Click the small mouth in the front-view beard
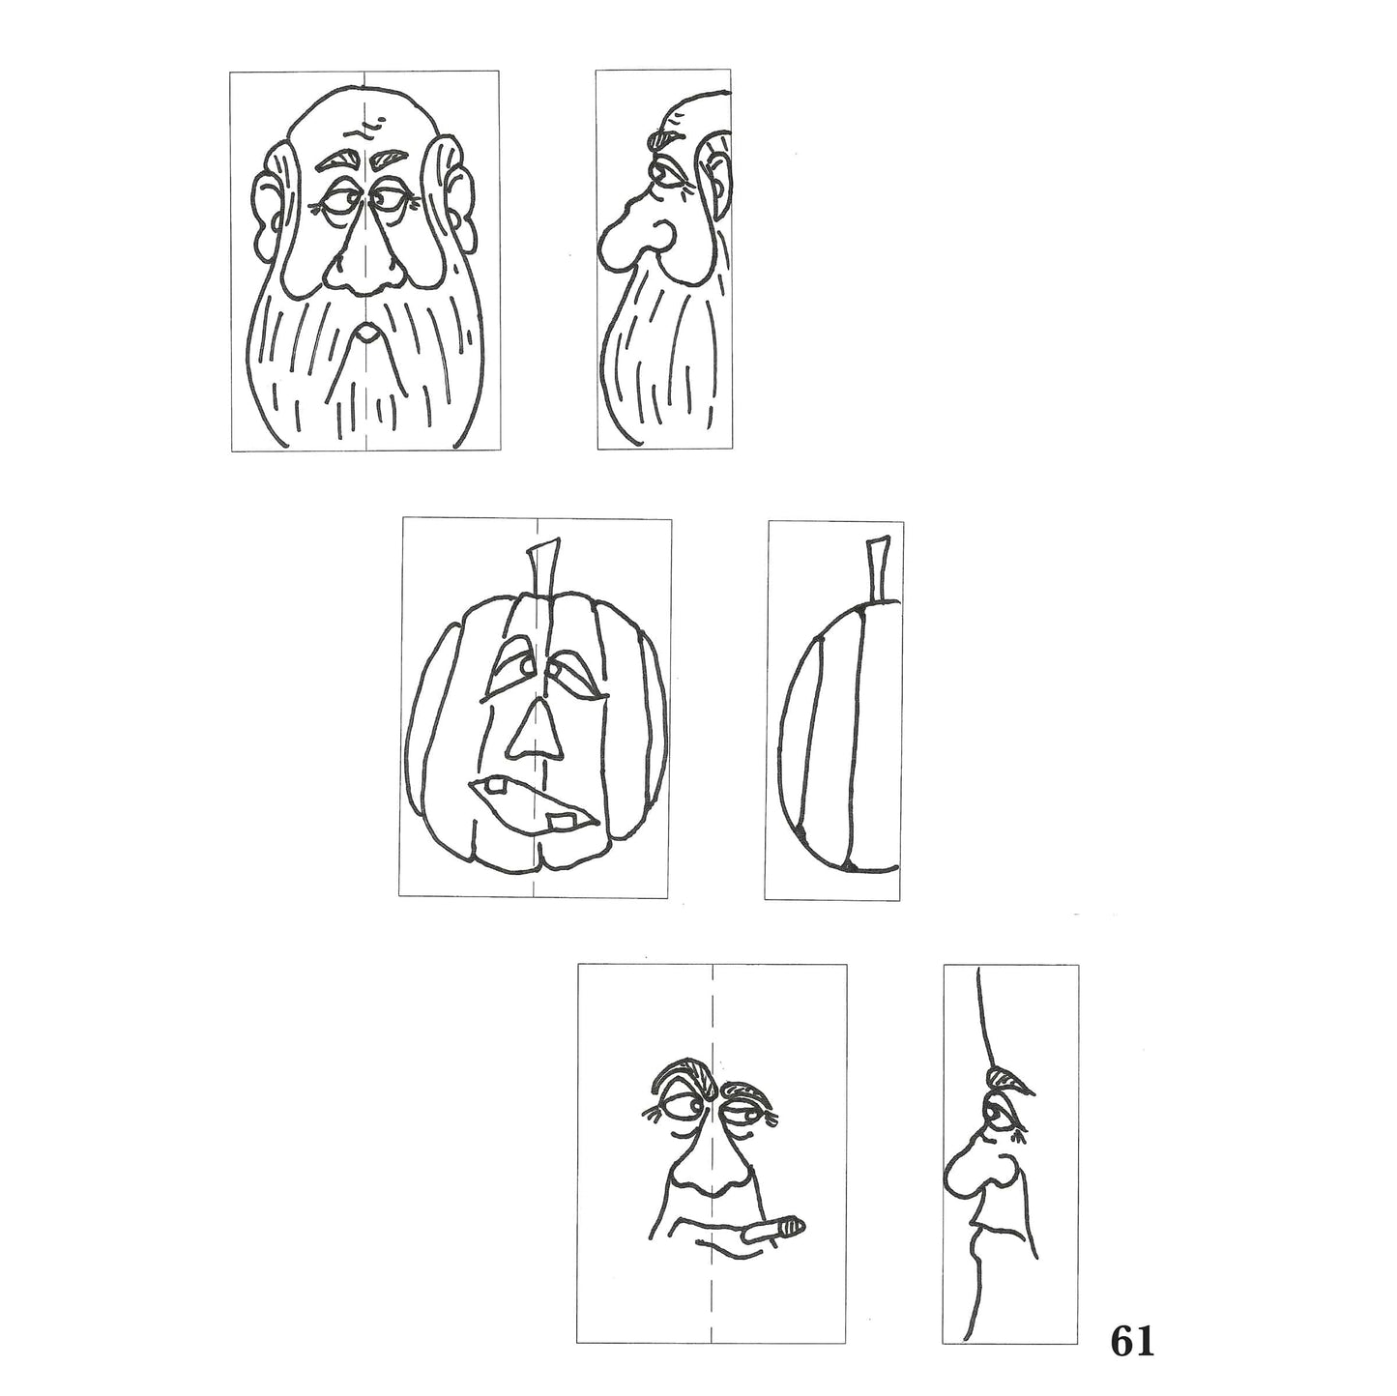tap(365, 334)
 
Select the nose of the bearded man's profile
tap(628, 242)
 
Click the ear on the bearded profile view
tap(715, 164)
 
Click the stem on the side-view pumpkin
tap(878, 570)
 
